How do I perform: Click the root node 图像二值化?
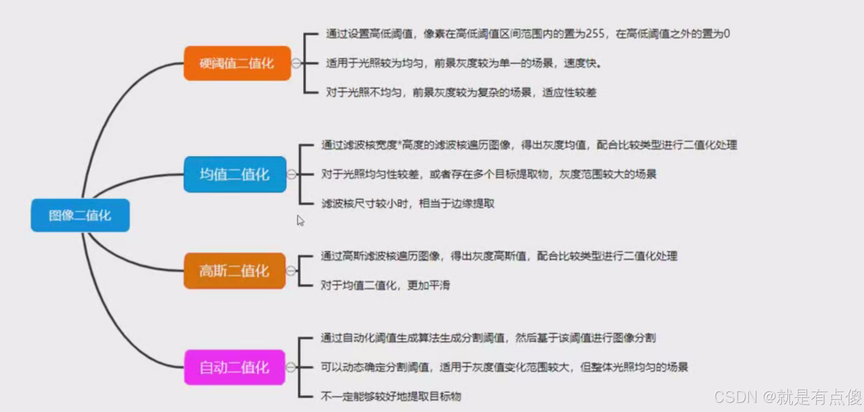(80, 215)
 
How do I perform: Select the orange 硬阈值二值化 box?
(237, 64)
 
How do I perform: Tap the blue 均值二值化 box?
(235, 174)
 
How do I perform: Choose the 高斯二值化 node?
(234, 271)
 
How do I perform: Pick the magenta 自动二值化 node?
(234, 367)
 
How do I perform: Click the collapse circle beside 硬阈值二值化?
(296, 63)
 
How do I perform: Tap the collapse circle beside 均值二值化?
(292, 174)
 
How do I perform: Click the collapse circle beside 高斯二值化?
(291, 271)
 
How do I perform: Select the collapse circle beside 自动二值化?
(291, 367)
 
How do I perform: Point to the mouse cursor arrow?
(300, 220)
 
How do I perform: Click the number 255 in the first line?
(595, 34)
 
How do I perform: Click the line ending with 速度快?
(463, 64)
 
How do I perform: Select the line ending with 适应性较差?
(460, 92)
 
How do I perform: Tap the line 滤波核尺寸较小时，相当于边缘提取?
(408, 204)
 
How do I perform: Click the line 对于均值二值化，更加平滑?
(385, 286)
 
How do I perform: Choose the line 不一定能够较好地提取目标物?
(390, 396)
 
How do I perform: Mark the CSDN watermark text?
(788, 397)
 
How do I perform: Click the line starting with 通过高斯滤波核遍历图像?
(499, 256)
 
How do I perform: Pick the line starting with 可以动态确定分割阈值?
(504, 367)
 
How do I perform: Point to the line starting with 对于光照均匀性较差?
(488, 174)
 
